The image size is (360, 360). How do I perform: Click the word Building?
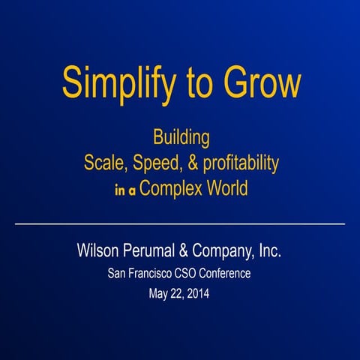pos(181,139)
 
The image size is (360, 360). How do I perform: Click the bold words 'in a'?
pos(126,190)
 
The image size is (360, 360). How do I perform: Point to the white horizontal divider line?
pos(180,223)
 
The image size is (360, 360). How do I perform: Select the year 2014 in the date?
pos(196,294)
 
